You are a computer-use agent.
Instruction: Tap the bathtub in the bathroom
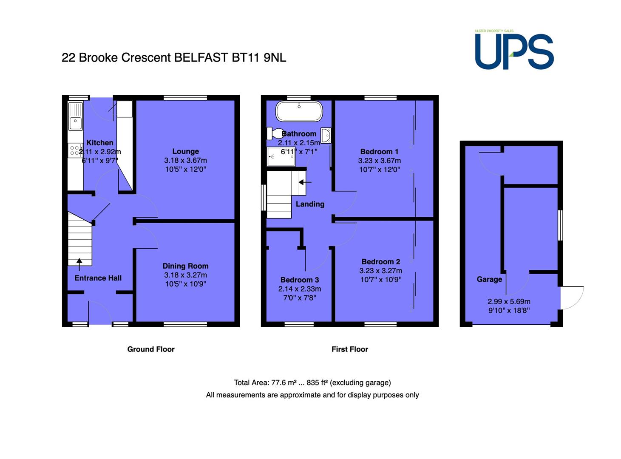(299, 111)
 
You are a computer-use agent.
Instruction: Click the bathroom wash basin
(326, 136)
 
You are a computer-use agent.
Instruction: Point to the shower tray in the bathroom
(281, 156)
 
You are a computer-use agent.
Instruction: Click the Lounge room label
(186, 151)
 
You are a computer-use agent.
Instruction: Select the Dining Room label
(186, 266)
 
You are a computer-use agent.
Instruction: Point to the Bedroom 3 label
(300, 280)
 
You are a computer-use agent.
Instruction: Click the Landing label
(310, 204)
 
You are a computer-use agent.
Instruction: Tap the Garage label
(489, 279)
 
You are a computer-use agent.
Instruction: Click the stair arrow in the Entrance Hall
(79, 264)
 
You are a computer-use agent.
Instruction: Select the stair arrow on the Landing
(305, 182)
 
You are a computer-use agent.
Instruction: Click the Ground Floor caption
(151, 349)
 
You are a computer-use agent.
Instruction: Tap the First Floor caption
(350, 349)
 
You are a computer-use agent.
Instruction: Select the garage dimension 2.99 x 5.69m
(509, 302)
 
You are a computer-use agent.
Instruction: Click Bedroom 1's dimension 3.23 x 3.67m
(380, 161)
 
